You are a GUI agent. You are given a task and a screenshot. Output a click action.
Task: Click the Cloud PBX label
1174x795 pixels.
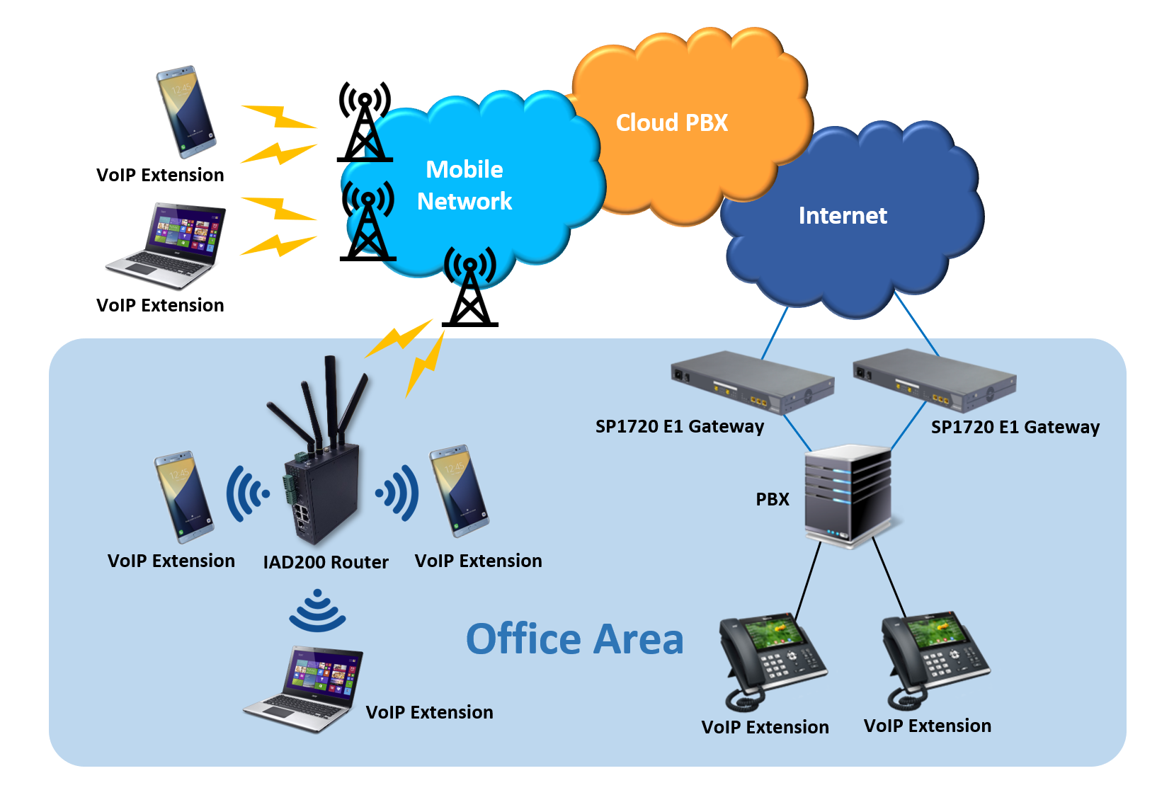tap(671, 123)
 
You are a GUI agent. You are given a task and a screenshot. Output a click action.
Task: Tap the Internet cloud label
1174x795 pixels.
tap(842, 215)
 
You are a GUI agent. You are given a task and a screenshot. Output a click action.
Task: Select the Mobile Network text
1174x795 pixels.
tap(465, 185)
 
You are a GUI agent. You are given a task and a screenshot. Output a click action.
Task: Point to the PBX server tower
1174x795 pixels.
tap(848, 496)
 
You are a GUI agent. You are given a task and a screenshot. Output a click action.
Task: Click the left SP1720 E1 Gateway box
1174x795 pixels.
tap(752, 383)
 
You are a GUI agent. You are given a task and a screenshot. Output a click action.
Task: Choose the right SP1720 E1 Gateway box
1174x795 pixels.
tap(935, 380)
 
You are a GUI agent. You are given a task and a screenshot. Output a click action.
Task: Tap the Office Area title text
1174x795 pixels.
tap(574, 639)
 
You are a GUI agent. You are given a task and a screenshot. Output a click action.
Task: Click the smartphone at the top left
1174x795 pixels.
tap(186, 111)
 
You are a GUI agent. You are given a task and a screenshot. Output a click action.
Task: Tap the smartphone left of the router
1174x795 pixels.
tap(183, 497)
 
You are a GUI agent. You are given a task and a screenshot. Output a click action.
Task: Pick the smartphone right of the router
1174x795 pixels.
tap(460, 490)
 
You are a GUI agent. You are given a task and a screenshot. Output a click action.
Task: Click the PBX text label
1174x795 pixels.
tap(772, 499)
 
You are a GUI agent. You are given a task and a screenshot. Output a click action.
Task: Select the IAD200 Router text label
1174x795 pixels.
tap(326, 562)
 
